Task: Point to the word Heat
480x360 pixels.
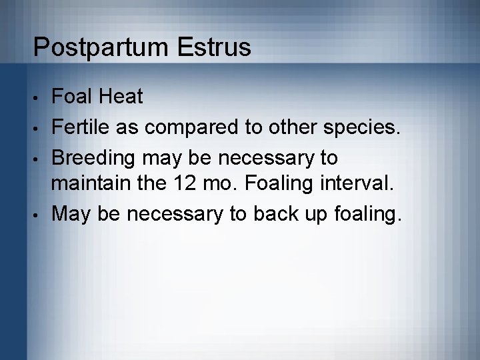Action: (122, 97)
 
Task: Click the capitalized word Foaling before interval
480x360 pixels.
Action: (285, 184)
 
